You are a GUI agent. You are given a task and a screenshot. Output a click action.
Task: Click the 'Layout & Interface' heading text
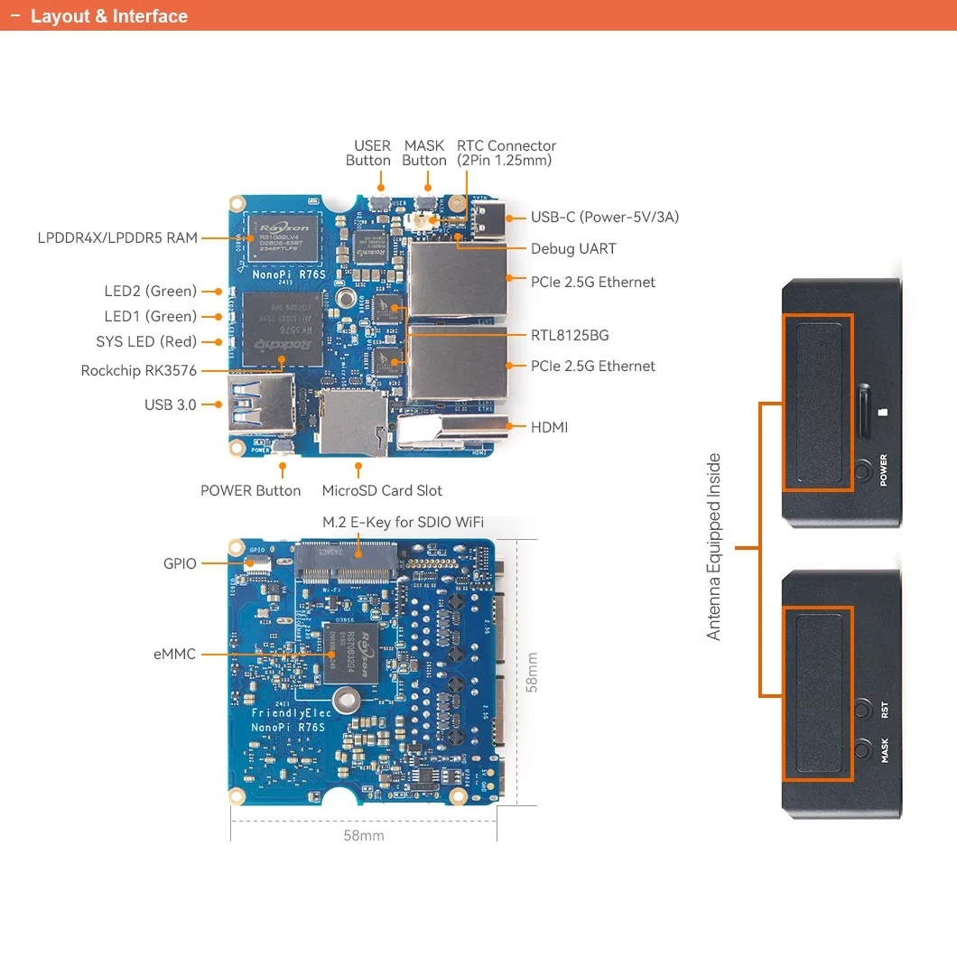point(108,16)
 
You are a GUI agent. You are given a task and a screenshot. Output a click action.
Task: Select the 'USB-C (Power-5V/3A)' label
point(604,217)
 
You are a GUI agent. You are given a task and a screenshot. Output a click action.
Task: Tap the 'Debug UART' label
point(573,249)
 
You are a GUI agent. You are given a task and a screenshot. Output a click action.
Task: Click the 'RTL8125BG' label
point(570,335)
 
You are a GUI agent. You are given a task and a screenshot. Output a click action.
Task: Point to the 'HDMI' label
point(549,427)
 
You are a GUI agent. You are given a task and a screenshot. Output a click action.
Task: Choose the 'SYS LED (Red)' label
point(146,342)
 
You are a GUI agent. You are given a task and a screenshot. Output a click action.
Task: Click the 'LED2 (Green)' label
point(150,291)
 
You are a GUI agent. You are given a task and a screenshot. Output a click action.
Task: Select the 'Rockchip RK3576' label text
point(138,370)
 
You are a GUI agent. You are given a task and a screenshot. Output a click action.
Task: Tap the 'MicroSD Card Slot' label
point(382,491)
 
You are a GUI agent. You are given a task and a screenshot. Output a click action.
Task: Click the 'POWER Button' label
point(250,491)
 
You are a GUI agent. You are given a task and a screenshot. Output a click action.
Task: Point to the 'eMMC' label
point(174,654)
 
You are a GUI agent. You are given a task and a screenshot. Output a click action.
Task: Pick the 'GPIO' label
point(180,563)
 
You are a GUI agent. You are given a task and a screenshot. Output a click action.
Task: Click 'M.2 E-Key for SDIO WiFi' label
point(403,523)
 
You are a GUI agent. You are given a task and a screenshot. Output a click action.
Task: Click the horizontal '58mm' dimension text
point(363,835)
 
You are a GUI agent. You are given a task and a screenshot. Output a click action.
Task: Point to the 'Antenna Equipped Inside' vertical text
point(714,547)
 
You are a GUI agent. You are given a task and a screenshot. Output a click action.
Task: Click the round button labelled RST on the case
point(864,709)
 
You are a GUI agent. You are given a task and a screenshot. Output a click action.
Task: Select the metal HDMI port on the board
point(442,431)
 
